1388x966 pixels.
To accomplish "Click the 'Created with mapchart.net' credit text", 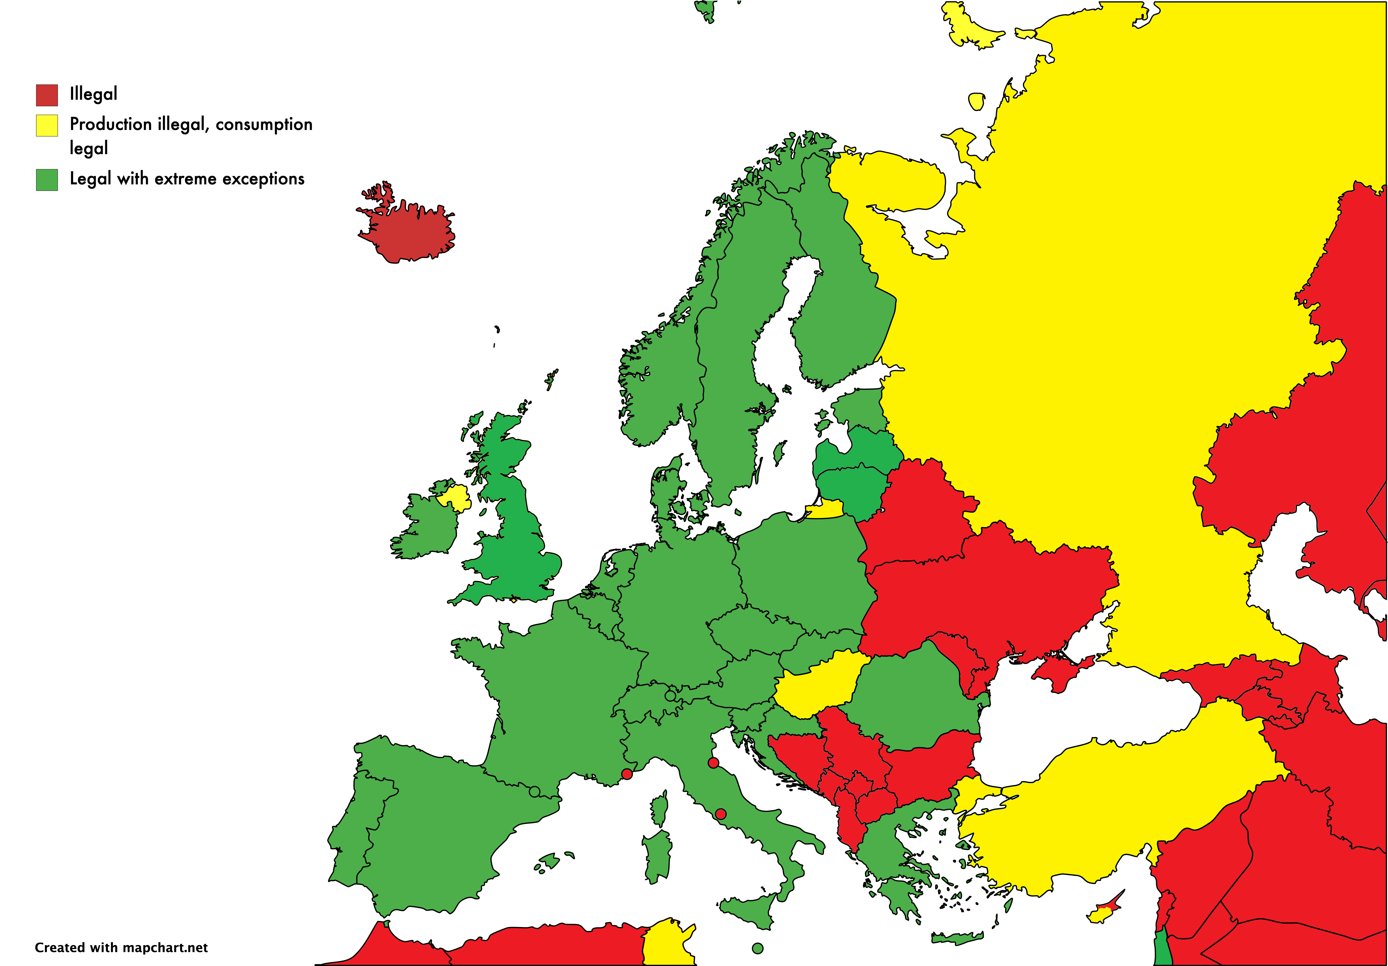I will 121,947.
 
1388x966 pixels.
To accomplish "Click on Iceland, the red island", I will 411,233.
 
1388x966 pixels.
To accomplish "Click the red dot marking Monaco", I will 627,774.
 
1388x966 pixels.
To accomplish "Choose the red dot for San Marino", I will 713,763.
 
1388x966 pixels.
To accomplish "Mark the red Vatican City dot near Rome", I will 721,814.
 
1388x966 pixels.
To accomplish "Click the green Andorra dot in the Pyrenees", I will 534,791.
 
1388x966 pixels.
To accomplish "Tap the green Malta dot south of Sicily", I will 757,948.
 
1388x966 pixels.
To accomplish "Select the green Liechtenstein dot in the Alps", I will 670,696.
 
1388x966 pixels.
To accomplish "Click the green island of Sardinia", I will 658,855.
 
